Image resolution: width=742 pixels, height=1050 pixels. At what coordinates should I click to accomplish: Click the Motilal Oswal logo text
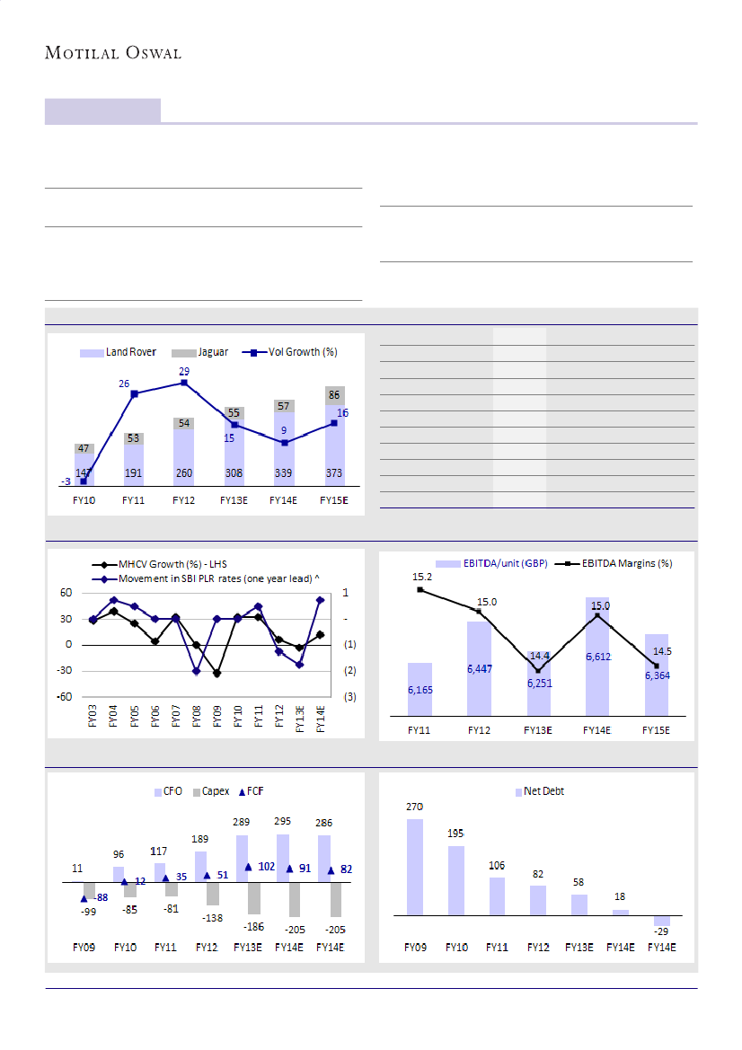[x=113, y=53]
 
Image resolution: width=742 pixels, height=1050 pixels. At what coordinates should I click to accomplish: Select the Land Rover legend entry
[x=119, y=352]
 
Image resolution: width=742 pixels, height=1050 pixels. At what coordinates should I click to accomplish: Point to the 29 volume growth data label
[x=184, y=371]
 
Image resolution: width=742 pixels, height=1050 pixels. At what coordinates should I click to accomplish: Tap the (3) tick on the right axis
[x=349, y=697]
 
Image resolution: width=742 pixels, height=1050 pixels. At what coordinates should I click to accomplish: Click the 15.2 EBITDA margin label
[x=422, y=578]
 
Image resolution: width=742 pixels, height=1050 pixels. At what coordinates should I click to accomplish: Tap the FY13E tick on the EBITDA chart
[x=537, y=730]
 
